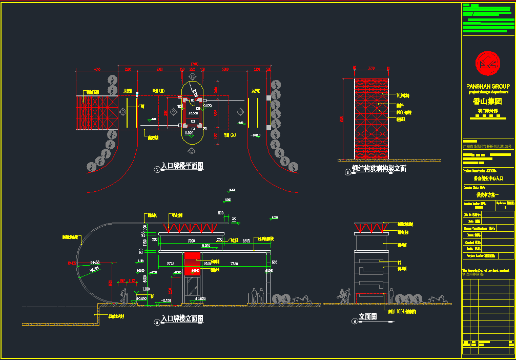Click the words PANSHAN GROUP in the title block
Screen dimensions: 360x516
488,86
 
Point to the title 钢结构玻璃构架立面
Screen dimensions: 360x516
379,168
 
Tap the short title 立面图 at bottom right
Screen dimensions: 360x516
368,317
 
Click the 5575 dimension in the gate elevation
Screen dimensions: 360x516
246,241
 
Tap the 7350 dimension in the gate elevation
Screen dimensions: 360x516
234,264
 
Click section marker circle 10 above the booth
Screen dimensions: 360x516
193,77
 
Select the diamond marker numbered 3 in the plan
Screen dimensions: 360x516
123,111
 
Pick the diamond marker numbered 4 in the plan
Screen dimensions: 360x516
240,111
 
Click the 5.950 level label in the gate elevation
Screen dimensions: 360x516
207,246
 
